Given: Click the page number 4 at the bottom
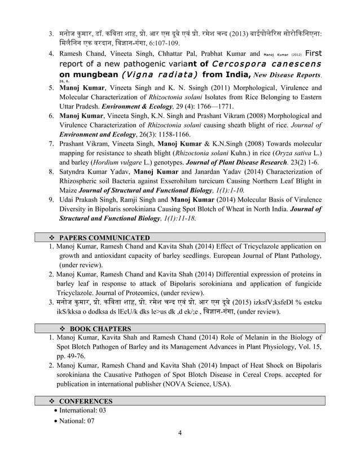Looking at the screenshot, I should point(179,433).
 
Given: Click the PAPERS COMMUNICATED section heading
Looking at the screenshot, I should point(104,238).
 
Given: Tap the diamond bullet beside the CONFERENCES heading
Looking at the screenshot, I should point(52,401).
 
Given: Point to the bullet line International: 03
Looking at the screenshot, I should point(82,411).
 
